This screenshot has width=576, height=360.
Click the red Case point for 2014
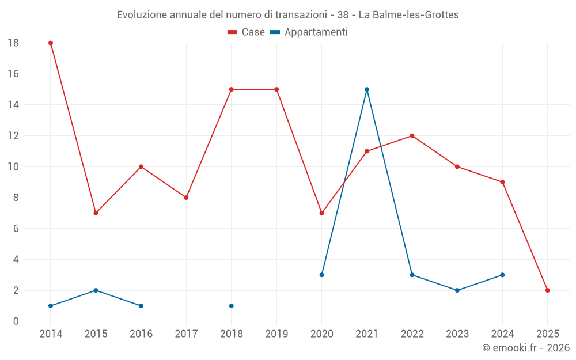point(51,43)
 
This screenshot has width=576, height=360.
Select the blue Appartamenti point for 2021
point(367,89)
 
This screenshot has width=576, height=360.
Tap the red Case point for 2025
point(547,290)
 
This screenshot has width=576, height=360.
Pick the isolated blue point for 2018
point(232,306)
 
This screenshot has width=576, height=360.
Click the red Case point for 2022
point(412,136)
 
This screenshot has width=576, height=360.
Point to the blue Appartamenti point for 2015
point(96,290)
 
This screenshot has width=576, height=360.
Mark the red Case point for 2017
point(186,198)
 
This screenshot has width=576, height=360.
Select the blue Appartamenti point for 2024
point(502,275)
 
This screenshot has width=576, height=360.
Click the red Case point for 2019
point(276,89)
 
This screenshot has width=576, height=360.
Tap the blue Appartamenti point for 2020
point(321,275)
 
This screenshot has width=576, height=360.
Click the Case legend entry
point(246,32)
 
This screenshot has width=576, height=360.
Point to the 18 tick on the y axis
point(13,43)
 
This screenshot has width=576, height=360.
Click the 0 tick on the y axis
point(16,321)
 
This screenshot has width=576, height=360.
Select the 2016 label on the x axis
point(141,334)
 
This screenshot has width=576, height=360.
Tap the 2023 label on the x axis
point(457,334)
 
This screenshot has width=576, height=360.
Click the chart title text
point(288,15)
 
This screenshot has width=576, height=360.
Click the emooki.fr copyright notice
point(525,348)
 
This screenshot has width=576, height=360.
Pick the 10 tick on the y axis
point(13,167)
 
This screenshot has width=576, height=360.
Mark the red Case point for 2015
point(96,213)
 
